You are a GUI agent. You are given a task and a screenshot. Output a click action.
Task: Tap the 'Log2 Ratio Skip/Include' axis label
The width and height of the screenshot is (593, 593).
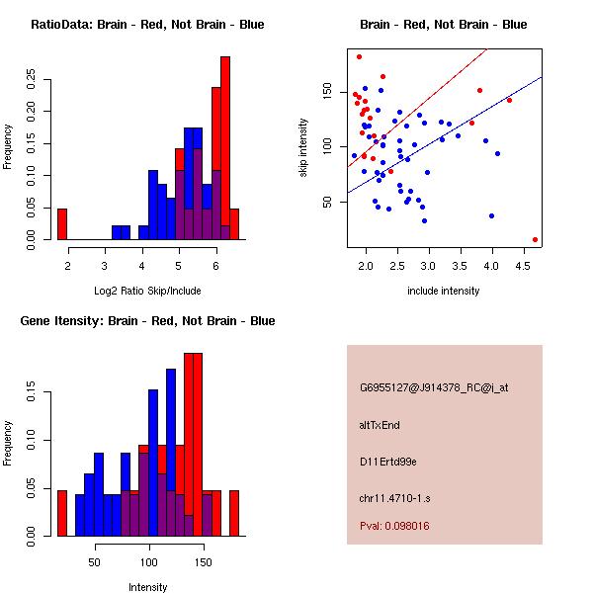(147, 291)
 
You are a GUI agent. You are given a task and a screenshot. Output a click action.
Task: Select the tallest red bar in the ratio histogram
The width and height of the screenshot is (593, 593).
(224, 148)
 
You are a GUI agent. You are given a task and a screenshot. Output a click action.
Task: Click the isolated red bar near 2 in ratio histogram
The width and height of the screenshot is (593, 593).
(62, 223)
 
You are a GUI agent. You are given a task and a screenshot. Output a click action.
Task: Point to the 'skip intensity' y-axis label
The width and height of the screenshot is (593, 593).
(304, 148)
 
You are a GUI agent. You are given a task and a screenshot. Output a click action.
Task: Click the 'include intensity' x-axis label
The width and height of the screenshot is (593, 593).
(444, 291)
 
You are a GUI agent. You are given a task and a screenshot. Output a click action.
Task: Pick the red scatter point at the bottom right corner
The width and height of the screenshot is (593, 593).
(535, 239)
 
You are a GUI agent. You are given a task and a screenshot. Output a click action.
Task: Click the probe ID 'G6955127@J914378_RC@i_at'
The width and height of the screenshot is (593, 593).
(434, 388)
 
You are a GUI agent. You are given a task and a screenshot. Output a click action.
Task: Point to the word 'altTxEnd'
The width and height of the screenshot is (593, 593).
(381, 425)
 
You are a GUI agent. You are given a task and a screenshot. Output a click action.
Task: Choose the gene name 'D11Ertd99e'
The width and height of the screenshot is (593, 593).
(388, 462)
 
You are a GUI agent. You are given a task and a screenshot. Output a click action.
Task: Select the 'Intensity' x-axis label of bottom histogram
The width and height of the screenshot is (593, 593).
(147, 587)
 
